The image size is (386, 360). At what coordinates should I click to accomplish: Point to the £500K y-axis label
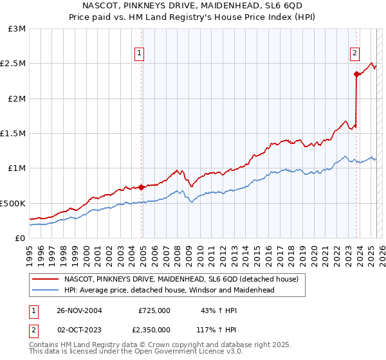tap(13, 203)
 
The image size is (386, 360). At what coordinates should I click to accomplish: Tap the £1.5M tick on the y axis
tap(13, 134)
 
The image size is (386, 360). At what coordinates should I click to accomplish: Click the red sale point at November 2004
tap(142, 188)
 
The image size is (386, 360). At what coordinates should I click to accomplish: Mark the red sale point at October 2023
tap(356, 75)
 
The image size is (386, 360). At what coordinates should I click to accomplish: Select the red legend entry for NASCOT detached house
tap(181, 280)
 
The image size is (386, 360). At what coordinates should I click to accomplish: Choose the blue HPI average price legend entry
tap(169, 290)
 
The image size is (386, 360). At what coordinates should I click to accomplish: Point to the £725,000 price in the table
tap(154, 310)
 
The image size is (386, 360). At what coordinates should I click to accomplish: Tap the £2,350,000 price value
tap(151, 329)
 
